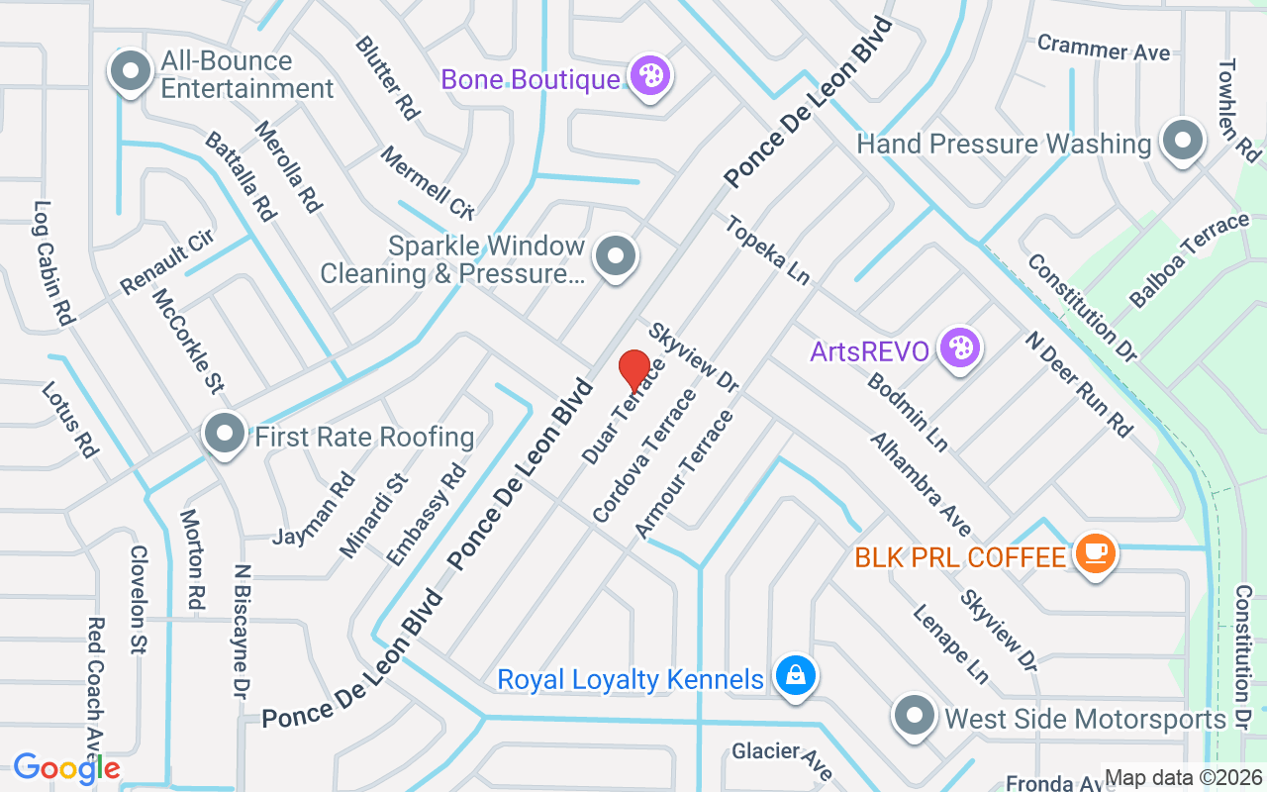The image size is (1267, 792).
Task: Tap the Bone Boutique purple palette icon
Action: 651,75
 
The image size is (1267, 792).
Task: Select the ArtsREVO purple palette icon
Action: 959,348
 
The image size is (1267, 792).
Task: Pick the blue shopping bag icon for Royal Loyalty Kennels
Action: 794,677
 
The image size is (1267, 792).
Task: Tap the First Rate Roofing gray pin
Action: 225,433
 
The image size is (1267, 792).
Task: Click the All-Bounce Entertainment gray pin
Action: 130,71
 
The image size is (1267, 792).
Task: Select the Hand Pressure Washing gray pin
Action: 1182,141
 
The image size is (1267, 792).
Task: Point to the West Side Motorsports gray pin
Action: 915,716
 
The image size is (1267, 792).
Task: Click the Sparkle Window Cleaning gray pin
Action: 616,256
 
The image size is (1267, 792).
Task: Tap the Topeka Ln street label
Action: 767,250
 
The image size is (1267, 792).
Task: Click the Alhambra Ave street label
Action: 921,484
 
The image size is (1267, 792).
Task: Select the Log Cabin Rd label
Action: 55,264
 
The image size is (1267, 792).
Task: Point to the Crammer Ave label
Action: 1103,48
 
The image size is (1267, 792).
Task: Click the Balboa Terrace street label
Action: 1189,260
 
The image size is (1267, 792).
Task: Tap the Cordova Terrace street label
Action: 644,455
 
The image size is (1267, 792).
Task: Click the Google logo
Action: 66,768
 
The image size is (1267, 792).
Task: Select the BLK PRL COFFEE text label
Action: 960,557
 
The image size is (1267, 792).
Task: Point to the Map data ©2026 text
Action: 1184,778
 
